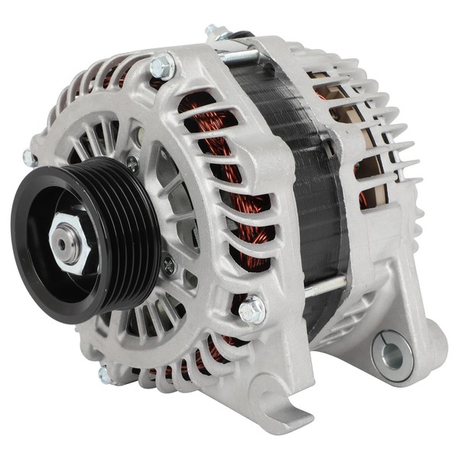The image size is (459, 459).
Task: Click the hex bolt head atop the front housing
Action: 163,67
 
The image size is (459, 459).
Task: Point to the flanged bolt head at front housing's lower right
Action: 252,310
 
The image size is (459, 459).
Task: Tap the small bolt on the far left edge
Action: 29,158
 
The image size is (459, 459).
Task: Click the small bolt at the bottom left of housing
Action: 105,374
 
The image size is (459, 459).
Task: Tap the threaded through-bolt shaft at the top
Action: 237,56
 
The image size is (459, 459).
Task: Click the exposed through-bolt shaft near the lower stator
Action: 325,285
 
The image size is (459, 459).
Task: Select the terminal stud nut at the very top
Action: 216,31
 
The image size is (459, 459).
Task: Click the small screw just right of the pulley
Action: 168,266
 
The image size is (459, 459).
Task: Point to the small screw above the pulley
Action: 132,163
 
